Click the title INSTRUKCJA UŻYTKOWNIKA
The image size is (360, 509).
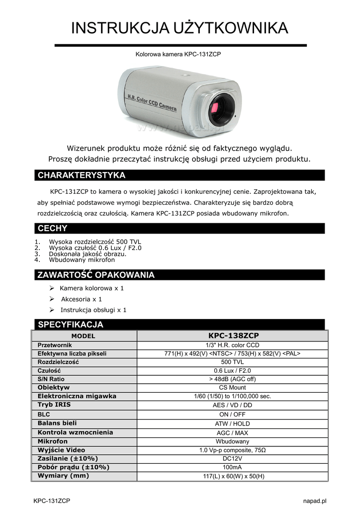(x=180, y=28)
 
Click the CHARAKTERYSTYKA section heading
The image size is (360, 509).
(x=82, y=175)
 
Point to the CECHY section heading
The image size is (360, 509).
(x=53, y=229)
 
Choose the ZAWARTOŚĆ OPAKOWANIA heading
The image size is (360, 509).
(x=96, y=275)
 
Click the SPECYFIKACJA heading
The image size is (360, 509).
(x=71, y=325)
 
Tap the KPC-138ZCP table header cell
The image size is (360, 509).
(x=232, y=336)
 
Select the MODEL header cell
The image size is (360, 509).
(x=83, y=336)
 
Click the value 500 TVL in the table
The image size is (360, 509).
(x=232, y=362)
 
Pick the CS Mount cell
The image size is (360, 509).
(x=232, y=388)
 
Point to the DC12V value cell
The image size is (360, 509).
(x=232, y=459)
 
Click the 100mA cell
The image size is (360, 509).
(x=232, y=468)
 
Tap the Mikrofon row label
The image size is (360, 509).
(x=53, y=441)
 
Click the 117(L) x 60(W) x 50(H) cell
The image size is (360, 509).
(x=232, y=477)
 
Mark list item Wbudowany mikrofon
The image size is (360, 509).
(x=82, y=259)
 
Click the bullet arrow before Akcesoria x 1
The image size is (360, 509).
(x=52, y=299)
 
